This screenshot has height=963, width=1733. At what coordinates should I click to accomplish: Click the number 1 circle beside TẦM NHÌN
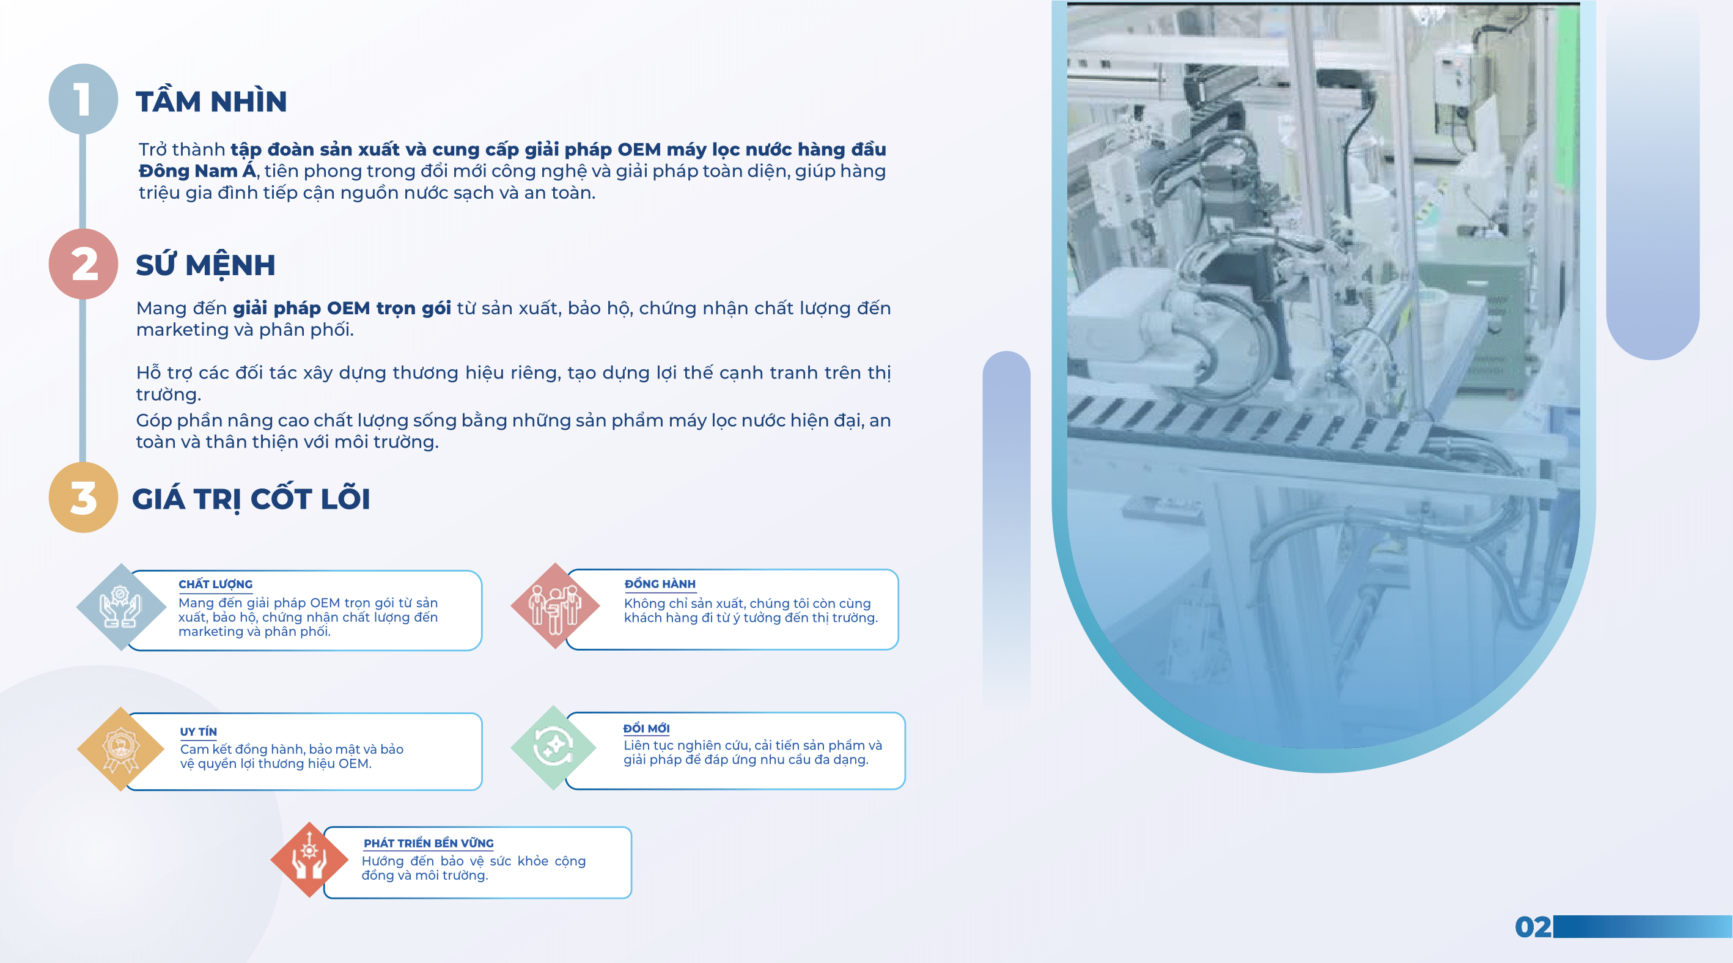(x=83, y=99)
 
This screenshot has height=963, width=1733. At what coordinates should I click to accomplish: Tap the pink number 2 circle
(x=83, y=264)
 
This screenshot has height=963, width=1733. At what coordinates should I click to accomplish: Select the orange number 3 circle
(x=83, y=498)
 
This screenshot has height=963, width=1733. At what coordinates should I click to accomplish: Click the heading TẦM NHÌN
(x=212, y=101)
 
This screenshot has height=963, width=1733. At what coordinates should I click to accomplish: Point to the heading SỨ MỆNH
(x=205, y=265)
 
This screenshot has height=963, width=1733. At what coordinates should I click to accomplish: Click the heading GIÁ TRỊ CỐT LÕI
(x=251, y=500)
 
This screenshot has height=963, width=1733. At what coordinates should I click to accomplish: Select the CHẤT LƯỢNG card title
(x=215, y=584)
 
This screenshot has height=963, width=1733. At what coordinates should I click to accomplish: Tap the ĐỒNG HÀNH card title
(x=660, y=583)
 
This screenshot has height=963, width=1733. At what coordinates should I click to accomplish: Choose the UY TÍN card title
(x=198, y=731)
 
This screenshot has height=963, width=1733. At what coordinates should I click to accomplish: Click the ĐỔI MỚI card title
(x=646, y=728)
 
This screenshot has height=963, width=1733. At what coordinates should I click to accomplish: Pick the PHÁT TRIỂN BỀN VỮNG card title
(x=429, y=843)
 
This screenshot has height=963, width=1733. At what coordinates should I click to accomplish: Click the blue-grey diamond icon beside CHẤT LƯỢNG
(x=121, y=607)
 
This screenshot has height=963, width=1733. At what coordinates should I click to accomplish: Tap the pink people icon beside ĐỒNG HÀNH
(x=555, y=607)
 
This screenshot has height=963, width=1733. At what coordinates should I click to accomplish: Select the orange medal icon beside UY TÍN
(x=121, y=749)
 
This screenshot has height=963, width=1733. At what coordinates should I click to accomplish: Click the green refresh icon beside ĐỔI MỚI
(x=554, y=747)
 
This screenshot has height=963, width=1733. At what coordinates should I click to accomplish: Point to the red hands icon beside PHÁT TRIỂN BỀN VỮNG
(x=309, y=860)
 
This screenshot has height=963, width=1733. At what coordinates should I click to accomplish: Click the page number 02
(x=1532, y=927)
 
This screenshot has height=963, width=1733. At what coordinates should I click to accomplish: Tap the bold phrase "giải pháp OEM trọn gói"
(x=341, y=308)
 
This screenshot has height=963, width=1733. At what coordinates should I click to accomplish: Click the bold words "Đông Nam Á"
(x=197, y=171)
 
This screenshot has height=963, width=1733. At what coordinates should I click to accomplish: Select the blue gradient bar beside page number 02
(x=1641, y=927)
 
